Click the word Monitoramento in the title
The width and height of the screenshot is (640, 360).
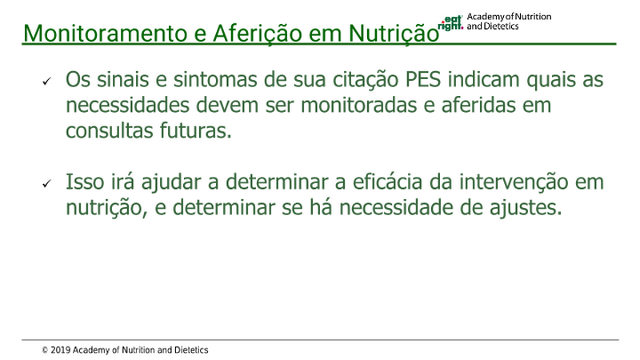click(105, 33)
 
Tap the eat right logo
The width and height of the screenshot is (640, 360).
click(450, 23)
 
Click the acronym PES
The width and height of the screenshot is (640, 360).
click(423, 79)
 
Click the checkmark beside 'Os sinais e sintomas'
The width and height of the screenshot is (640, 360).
click(47, 82)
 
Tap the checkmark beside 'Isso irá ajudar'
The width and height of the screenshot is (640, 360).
click(47, 184)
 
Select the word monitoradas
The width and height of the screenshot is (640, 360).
click(358, 105)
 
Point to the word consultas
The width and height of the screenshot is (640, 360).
click(109, 130)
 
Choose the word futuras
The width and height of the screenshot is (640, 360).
click(195, 130)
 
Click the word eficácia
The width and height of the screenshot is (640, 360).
click(387, 182)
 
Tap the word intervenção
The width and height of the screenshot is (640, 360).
click(514, 182)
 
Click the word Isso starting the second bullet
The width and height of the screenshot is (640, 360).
click(85, 182)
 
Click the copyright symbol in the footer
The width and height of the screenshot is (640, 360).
click(45, 350)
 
